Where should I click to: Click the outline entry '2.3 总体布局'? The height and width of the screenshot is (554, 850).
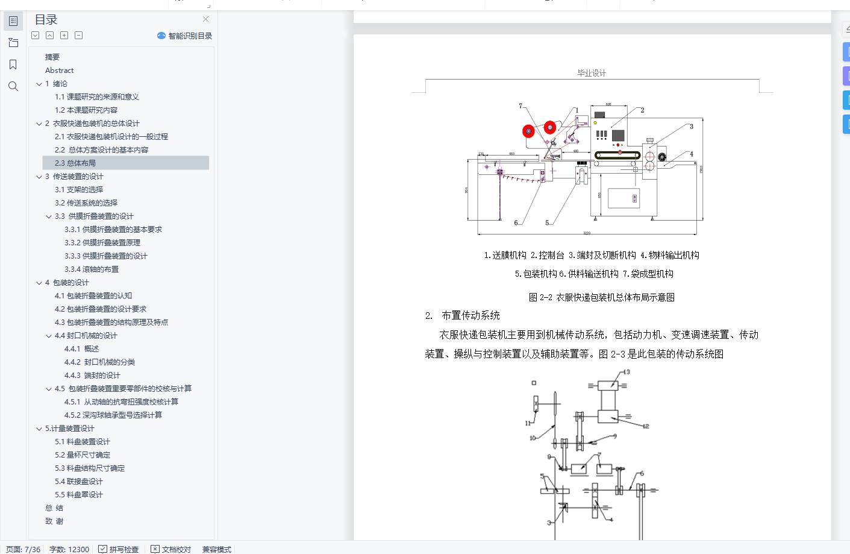point(75,163)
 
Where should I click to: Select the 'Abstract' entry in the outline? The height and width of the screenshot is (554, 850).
point(59,71)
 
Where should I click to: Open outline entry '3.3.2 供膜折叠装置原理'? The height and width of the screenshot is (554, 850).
point(102,242)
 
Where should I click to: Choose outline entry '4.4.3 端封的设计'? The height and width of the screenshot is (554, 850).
point(92,375)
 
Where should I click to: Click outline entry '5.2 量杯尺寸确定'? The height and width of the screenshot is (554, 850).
point(83,455)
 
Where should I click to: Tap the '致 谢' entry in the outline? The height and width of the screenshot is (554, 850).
point(54,521)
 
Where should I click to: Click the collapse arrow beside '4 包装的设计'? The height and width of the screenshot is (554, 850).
point(39,283)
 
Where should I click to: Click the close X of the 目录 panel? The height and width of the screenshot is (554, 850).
point(205,19)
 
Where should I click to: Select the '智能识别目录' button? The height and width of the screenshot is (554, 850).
point(185,36)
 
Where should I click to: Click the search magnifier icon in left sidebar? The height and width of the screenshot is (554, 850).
point(13,86)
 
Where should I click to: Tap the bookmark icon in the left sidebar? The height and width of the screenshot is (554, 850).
point(13,65)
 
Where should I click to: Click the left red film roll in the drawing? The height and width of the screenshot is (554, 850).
point(528,131)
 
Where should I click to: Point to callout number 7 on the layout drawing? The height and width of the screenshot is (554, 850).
point(520,106)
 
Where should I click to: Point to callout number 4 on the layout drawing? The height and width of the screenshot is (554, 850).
point(692,154)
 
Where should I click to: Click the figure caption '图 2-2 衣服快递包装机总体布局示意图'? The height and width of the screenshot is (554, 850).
point(601,297)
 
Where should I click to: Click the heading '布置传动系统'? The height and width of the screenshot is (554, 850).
point(470,315)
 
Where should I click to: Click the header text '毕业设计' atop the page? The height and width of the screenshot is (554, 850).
point(592,73)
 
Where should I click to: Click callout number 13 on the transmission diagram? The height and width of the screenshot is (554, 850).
point(627,372)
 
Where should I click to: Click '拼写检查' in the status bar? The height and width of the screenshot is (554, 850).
point(119,549)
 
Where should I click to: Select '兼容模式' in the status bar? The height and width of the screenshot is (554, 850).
point(217,549)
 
